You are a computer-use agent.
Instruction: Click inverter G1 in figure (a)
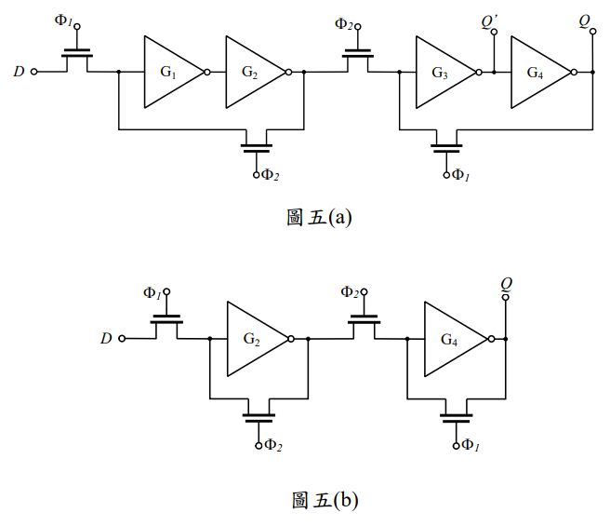[x=169, y=72]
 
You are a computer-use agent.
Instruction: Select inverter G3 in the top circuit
[x=443, y=72]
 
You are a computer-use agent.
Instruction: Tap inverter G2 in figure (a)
[x=251, y=72]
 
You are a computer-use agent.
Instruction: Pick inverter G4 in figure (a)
[x=537, y=72]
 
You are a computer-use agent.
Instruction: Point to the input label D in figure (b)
[x=107, y=339]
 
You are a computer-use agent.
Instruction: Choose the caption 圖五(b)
[x=320, y=500]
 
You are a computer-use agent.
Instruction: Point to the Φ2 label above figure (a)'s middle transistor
[x=345, y=22]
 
